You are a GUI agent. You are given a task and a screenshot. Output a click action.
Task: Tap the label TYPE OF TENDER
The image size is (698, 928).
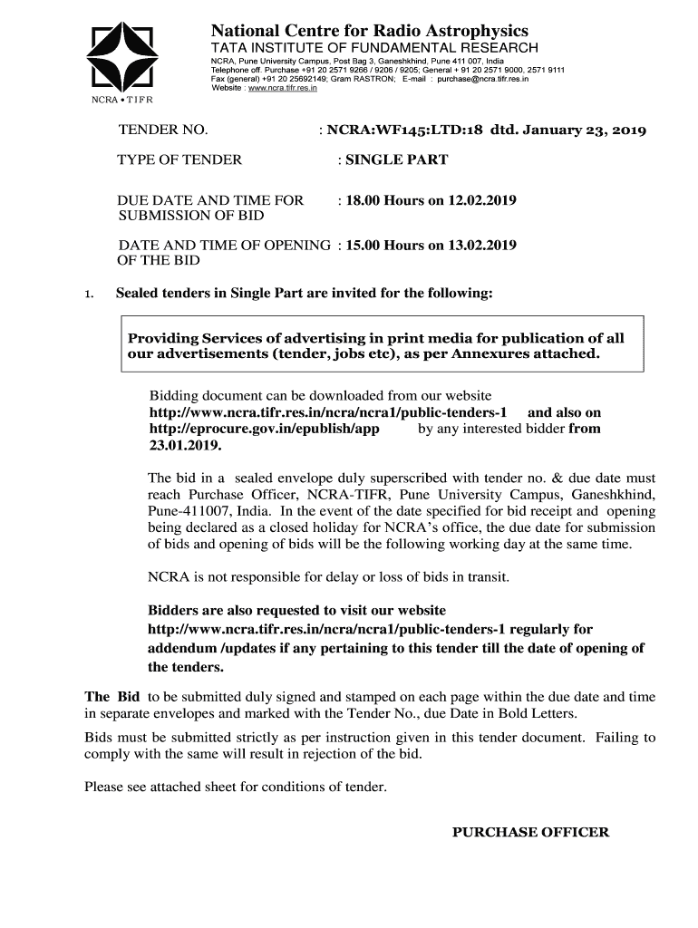coord(179,160)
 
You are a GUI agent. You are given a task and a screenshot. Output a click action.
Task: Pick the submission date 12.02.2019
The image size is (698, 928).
coord(482,200)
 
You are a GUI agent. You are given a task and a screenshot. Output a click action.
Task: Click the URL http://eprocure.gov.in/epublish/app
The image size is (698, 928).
coord(263,429)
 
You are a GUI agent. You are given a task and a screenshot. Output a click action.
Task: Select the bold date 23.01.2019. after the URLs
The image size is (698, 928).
coord(185,446)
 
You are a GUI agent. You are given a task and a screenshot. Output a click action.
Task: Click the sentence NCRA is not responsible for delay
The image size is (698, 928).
coord(328,576)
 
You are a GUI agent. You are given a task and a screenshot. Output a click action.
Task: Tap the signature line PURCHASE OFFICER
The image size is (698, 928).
coord(530,832)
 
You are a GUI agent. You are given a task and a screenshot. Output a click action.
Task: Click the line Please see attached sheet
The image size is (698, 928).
coord(236,787)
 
